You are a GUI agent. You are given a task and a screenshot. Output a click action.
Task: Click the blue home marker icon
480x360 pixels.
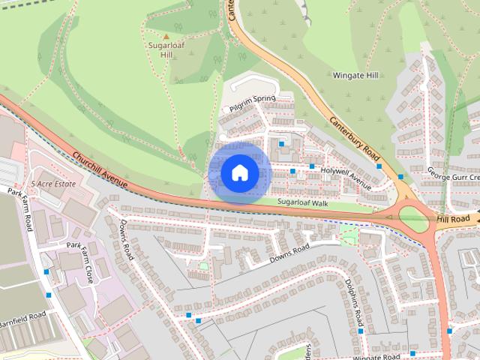(x=239, y=173)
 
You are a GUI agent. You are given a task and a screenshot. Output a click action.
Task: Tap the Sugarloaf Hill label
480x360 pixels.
(x=166, y=49)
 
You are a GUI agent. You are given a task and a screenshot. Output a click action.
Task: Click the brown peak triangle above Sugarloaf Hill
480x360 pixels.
(x=166, y=35)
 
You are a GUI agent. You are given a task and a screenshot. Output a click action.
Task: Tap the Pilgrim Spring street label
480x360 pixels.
(x=253, y=104)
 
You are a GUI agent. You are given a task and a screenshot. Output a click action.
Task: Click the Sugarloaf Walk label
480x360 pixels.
(x=303, y=203)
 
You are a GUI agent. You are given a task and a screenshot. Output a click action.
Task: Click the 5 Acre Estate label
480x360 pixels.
(x=54, y=184)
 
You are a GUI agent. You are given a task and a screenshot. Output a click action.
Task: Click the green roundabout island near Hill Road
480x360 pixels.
(x=412, y=219)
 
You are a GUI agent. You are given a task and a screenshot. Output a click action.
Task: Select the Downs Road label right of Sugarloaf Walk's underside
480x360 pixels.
(x=289, y=253)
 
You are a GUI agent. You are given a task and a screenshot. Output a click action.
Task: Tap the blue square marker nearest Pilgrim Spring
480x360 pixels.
(x=281, y=143)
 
